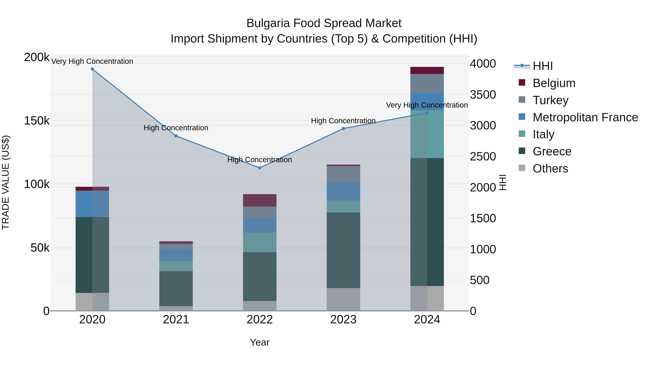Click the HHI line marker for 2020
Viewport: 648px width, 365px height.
pyautogui.click(x=92, y=69)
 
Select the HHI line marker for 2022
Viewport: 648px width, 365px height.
pyautogui.click(x=260, y=168)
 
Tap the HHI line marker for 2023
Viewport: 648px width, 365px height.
pyautogui.click(x=343, y=129)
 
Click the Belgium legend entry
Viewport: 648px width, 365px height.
pyautogui.click(x=554, y=83)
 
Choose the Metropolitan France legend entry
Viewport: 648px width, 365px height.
pyautogui.click(x=585, y=117)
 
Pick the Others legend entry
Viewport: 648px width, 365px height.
pyautogui.click(x=550, y=169)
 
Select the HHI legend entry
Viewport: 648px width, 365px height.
pyautogui.click(x=542, y=66)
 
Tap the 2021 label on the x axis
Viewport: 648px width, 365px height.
pyautogui.click(x=176, y=320)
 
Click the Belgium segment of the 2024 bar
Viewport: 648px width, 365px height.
pyautogui.click(x=427, y=70)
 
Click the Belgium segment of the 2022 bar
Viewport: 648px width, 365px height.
pyautogui.click(x=260, y=200)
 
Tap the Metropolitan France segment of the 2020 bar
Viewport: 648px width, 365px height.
pyautogui.click(x=92, y=204)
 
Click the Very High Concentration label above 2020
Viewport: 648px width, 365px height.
pyautogui.click(x=92, y=61)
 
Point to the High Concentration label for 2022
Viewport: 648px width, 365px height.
pyautogui.click(x=260, y=160)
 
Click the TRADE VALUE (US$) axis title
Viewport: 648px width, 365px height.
pyautogui.click(x=6, y=182)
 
